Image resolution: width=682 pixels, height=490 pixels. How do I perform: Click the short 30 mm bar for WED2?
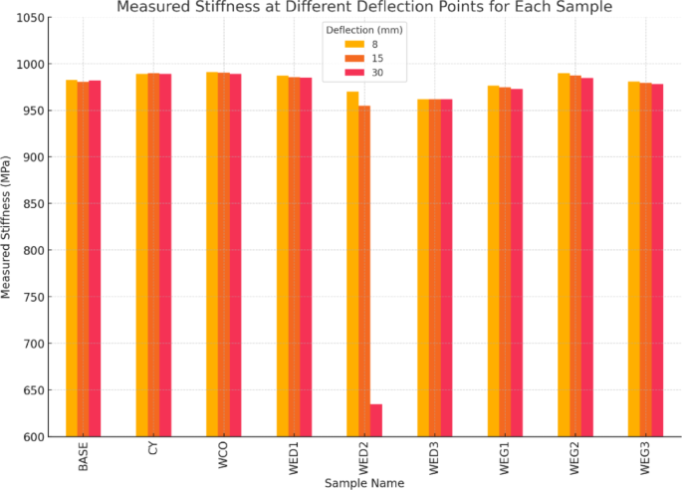point(376,420)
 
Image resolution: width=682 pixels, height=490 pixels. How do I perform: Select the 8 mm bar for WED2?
point(353,264)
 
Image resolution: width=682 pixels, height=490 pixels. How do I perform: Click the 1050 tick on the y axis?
point(31,18)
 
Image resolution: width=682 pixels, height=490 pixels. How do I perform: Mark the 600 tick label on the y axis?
point(34,437)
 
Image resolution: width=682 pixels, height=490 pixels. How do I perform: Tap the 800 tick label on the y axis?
point(34,251)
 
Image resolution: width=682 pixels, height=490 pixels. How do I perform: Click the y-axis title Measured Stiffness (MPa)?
point(8,226)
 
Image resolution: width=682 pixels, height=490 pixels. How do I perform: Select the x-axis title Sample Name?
point(364,483)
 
